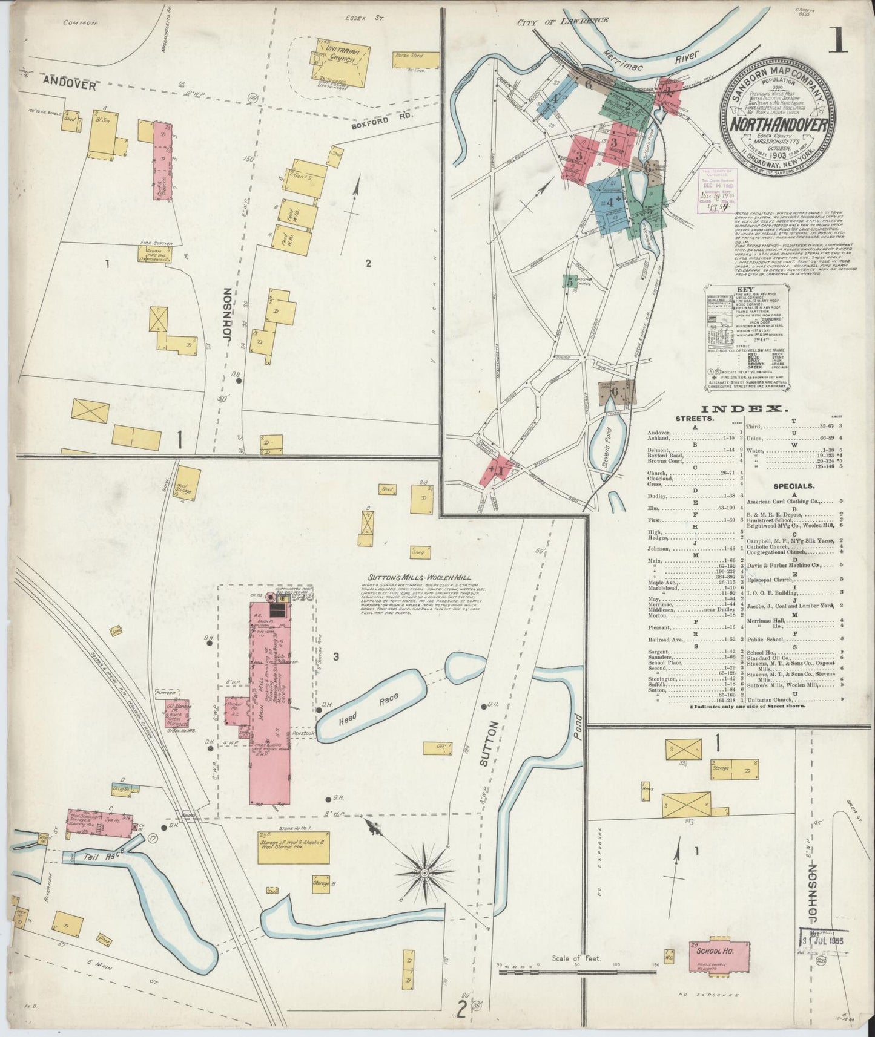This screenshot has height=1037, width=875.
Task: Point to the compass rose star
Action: point(424,874)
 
